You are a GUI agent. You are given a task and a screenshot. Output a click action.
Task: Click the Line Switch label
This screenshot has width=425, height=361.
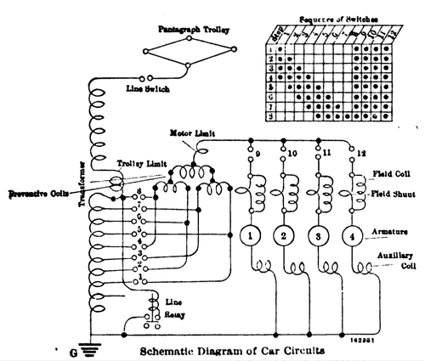(x=148, y=88)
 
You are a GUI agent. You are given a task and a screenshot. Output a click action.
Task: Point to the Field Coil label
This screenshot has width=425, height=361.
(x=393, y=174)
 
